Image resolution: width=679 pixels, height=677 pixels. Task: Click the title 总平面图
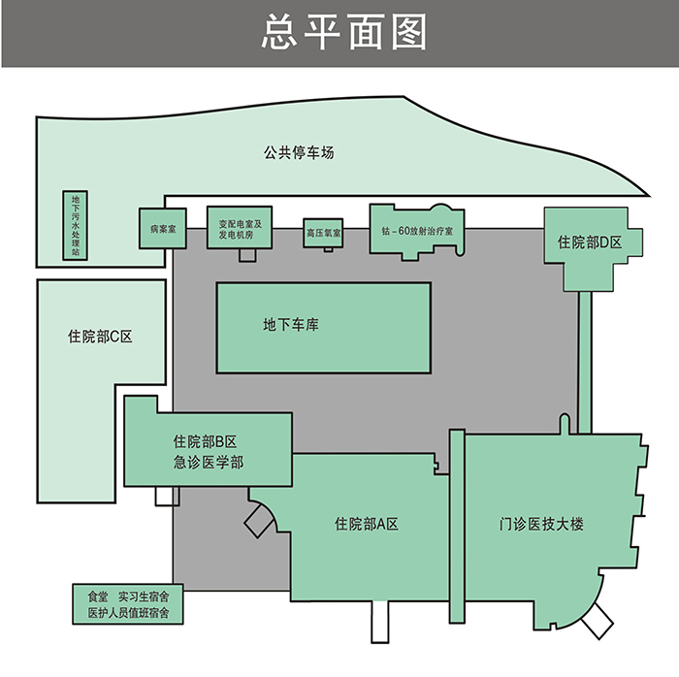pyautogui.click(x=344, y=31)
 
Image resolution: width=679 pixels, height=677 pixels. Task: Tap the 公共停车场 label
pyautogui.click(x=299, y=152)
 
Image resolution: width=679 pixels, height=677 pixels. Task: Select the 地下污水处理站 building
pyautogui.click(x=76, y=225)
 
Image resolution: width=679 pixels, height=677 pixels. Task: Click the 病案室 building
pyautogui.click(x=163, y=229)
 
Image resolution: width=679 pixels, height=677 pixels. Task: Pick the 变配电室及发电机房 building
pyautogui.click(x=240, y=227)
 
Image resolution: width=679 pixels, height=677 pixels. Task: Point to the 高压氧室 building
pyautogui.click(x=323, y=233)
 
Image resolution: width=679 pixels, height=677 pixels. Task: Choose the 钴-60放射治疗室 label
pyautogui.click(x=417, y=231)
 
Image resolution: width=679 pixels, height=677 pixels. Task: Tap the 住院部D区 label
pyautogui.click(x=590, y=242)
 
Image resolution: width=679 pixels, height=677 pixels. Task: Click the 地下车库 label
pyautogui.click(x=291, y=325)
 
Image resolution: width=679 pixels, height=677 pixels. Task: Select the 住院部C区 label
pyautogui.click(x=100, y=337)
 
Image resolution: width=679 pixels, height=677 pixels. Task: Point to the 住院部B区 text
pyautogui.click(x=205, y=441)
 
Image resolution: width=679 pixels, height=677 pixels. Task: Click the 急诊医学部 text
pyautogui.click(x=209, y=463)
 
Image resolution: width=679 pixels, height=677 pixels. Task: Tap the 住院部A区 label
pyautogui.click(x=367, y=524)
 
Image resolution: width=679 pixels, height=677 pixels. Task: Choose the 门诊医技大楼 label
pyautogui.click(x=541, y=524)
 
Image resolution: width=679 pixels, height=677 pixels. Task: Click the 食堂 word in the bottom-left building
pyautogui.click(x=98, y=596)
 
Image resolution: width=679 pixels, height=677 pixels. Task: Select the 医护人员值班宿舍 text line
pyautogui.click(x=129, y=613)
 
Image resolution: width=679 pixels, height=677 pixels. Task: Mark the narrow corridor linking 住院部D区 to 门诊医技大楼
pyautogui.click(x=585, y=363)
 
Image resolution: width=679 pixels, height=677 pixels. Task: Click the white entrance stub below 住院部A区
pyautogui.click(x=380, y=622)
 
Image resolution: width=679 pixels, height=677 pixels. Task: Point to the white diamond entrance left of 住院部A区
pyautogui.click(x=259, y=521)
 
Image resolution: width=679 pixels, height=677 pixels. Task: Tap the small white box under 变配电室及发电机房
pyautogui.click(x=247, y=255)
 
